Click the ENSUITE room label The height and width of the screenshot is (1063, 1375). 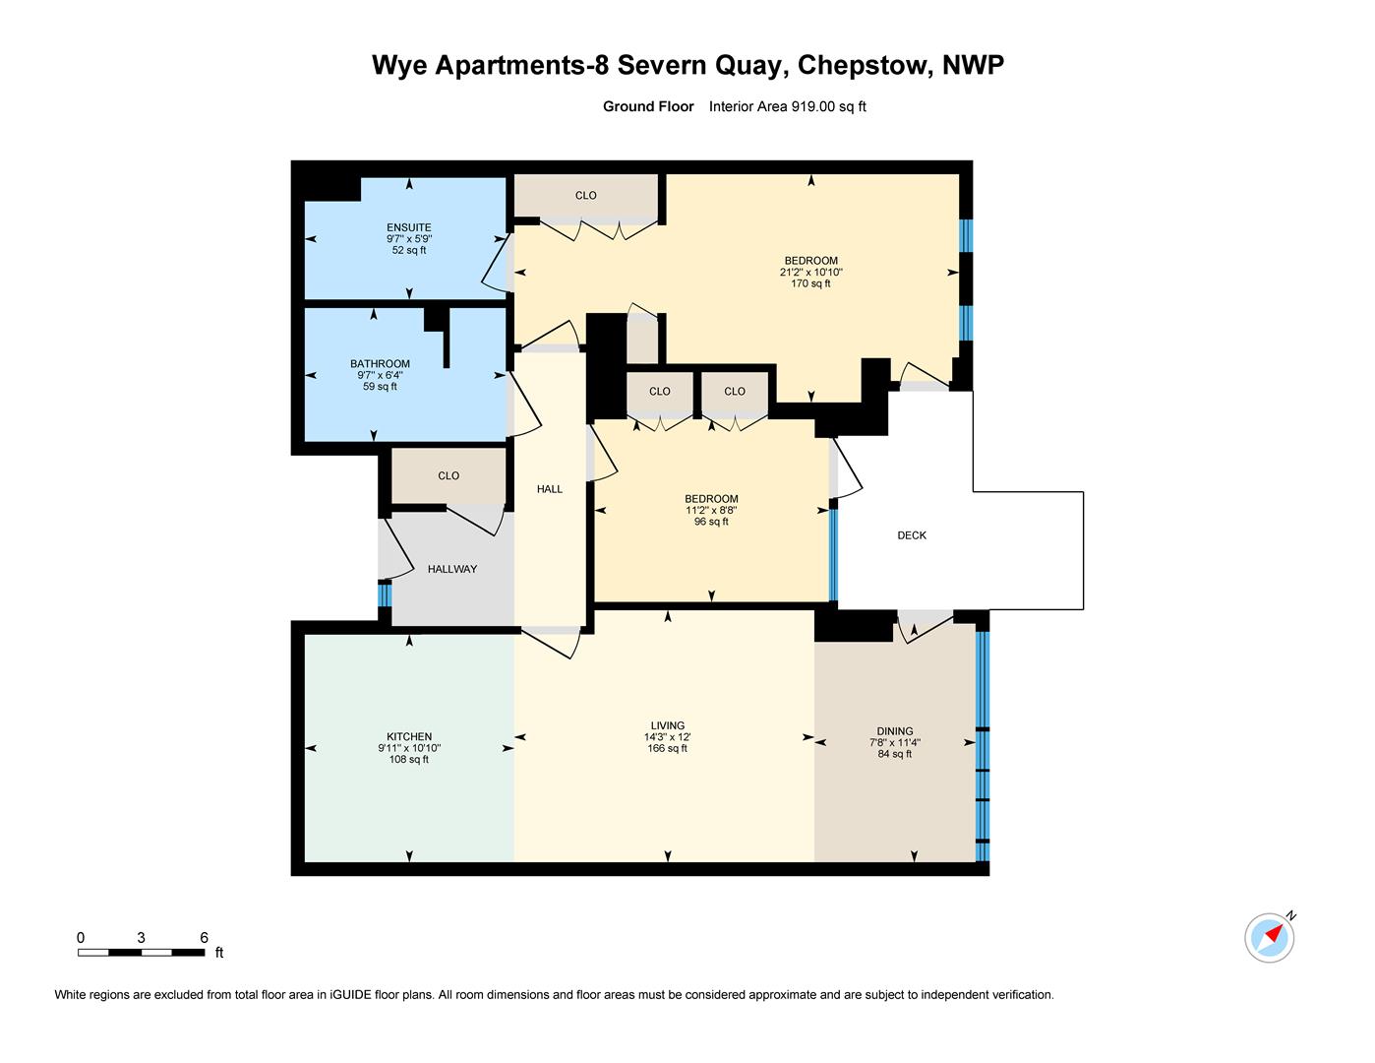coord(408,227)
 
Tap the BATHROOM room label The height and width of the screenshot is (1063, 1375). coord(380,364)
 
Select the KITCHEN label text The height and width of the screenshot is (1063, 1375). coord(409,736)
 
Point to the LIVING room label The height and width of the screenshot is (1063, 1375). coord(667,725)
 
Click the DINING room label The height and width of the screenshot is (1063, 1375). coord(895,731)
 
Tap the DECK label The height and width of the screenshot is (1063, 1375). coord(912,535)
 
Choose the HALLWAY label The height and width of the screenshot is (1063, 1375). coord(452,569)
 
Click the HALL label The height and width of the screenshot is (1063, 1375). coord(550,489)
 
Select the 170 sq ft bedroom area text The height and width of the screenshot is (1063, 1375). coord(810,283)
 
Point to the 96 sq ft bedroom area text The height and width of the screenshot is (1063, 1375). coord(711,522)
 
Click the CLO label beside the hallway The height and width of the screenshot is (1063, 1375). coord(448,475)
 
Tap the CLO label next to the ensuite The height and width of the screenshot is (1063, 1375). coord(585,195)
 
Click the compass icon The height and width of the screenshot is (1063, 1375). coord(1269,936)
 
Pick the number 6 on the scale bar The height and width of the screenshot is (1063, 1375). coord(205,938)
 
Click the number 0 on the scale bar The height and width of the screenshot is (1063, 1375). coord(81,938)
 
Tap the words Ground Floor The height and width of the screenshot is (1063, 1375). coord(648,107)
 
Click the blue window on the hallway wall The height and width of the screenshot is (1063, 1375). coord(385,595)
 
